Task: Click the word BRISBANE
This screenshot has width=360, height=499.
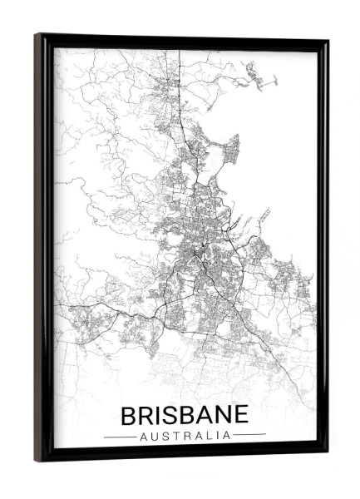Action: point(185,415)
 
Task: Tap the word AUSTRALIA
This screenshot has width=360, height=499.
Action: point(185,435)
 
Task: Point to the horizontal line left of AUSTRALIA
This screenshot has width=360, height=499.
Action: point(120,436)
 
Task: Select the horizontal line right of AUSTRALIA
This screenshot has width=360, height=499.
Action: point(249,435)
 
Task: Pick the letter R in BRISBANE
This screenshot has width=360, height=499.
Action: point(148,415)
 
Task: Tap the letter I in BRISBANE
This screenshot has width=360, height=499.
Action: point(161,415)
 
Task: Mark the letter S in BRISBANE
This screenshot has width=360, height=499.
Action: point(173,415)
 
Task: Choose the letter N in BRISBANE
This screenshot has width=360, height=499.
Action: point(224,415)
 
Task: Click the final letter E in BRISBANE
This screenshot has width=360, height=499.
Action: point(242,415)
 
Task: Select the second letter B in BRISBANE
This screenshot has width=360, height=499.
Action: point(189,415)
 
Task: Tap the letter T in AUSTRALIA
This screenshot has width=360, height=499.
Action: point(177,435)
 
